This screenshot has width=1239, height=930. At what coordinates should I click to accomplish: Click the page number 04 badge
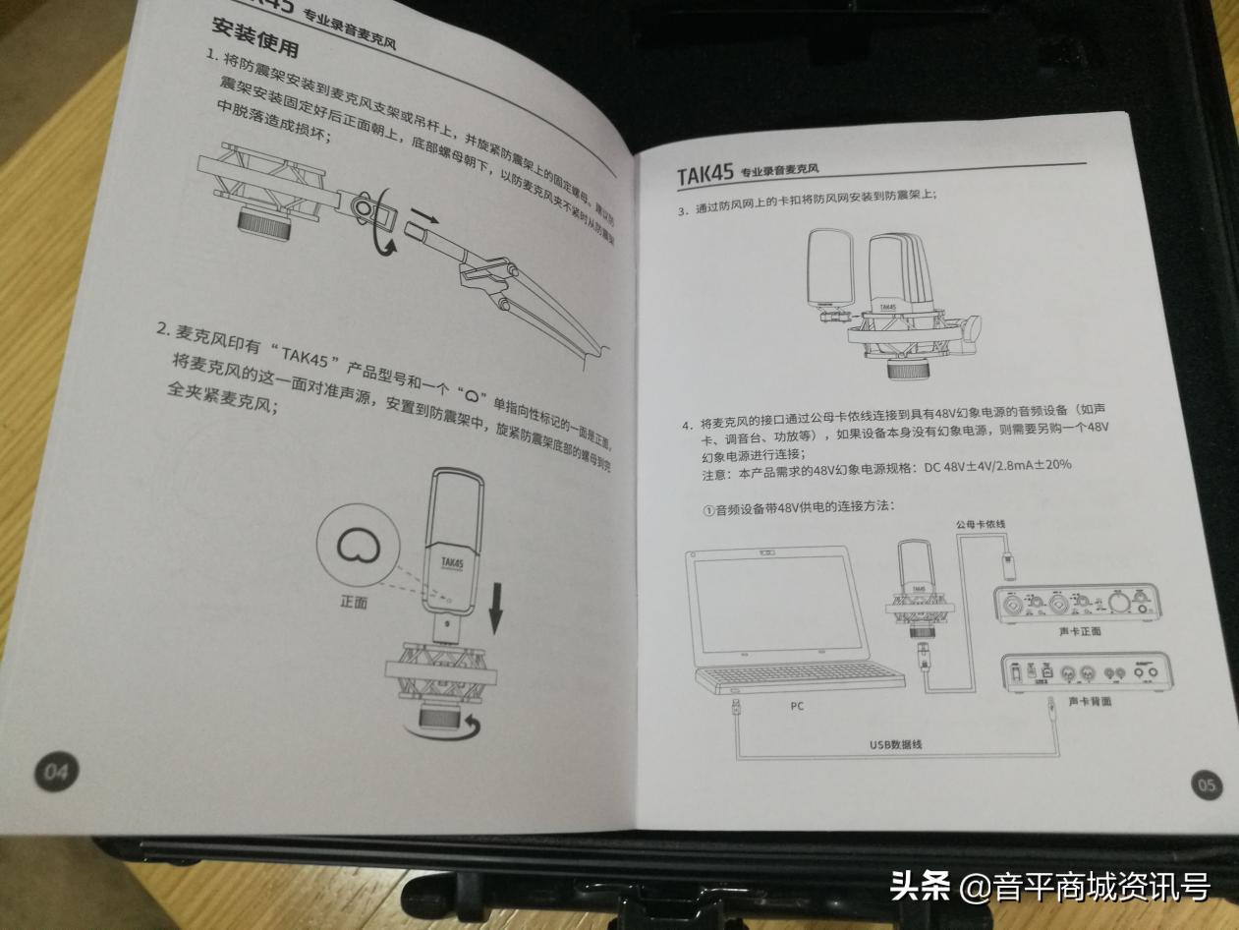point(56,772)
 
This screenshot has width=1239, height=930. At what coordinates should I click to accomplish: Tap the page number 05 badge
point(1207,784)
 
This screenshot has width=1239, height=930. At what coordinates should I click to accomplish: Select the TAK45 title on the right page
point(704,175)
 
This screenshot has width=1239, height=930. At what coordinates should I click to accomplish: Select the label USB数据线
point(894,744)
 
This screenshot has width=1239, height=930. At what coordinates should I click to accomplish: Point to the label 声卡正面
point(1080,631)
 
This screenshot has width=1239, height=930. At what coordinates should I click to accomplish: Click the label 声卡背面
point(1090,702)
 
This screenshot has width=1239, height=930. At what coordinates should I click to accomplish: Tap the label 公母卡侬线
point(980,525)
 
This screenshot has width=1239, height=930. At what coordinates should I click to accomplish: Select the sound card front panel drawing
point(1078,603)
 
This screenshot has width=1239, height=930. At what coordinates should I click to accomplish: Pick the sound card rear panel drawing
point(1088,671)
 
